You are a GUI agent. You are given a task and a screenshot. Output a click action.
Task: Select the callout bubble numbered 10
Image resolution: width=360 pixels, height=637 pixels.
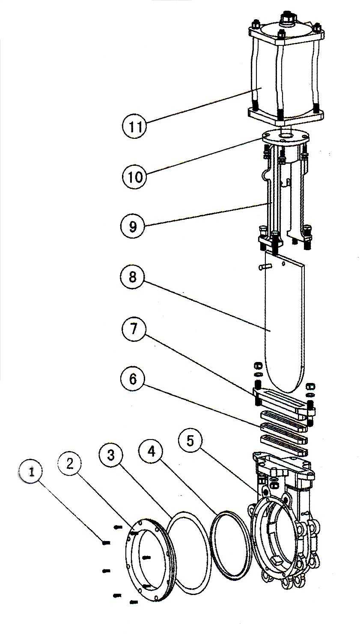pos(134,176)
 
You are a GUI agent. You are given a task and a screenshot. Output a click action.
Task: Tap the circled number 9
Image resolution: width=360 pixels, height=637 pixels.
pos(133,226)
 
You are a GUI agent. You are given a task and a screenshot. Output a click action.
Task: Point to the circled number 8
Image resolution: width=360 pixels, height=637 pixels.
pos(132,277)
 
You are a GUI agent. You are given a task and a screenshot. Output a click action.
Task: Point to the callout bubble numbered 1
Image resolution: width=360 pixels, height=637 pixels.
pos(31,472)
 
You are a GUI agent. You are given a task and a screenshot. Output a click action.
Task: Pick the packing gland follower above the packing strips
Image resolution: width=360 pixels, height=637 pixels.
pos(283,400)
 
